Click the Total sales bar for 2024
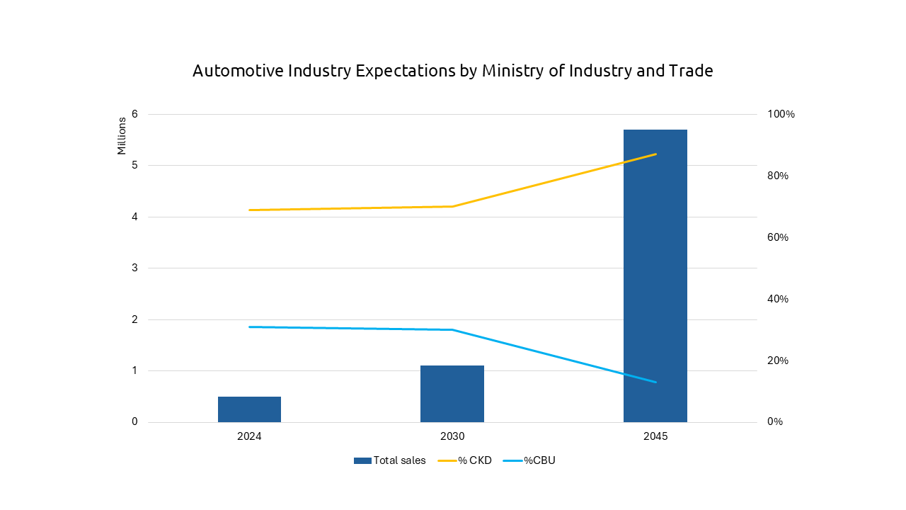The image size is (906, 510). pyautogui.click(x=249, y=409)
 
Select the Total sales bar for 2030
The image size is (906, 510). pyautogui.click(x=452, y=394)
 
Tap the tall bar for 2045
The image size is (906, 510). pyautogui.click(x=655, y=276)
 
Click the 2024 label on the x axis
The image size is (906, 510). pyautogui.click(x=249, y=436)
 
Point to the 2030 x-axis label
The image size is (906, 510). pyautogui.click(x=452, y=436)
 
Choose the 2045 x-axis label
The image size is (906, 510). pyautogui.click(x=655, y=436)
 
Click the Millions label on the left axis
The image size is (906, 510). pyautogui.click(x=122, y=135)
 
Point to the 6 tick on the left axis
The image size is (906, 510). pyautogui.click(x=134, y=114)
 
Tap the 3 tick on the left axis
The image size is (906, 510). pyautogui.click(x=134, y=268)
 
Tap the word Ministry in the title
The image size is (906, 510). pyautogui.click(x=508, y=72)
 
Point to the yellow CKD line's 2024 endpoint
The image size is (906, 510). pyautogui.click(x=250, y=210)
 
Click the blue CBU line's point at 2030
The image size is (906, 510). pyautogui.click(x=452, y=329)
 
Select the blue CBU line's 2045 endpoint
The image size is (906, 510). pyautogui.click(x=655, y=382)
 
